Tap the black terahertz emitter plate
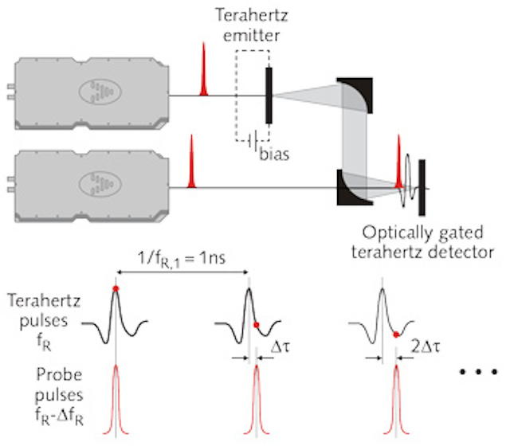click(x=270, y=96)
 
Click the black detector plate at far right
click(x=422, y=189)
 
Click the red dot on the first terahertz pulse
click(x=116, y=288)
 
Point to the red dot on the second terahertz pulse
click(x=256, y=324)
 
